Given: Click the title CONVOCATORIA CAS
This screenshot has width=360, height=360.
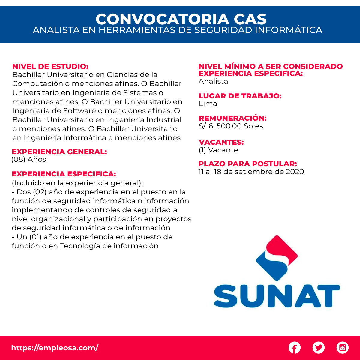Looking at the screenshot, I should tap(181, 19).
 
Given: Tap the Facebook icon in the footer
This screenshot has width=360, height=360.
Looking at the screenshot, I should tap(295, 348).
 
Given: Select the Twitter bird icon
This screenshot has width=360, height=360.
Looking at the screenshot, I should tap(318, 348).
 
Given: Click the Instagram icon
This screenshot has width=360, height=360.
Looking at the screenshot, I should tap(342, 348).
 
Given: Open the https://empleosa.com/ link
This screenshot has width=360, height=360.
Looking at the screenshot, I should tap(55, 348).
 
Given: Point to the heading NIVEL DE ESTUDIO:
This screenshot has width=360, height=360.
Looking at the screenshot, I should tap(50, 67).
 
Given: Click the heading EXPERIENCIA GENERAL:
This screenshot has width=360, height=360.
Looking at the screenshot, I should tap(59, 152).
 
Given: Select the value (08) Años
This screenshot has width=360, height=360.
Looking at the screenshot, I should tap(29, 159).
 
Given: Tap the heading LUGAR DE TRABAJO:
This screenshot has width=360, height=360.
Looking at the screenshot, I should tap(240, 96).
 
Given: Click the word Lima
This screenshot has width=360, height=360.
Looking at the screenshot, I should tap(208, 104).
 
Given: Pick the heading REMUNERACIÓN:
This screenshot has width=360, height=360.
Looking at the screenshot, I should tap(232, 118).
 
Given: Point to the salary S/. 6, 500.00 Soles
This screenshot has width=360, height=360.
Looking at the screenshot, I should tap(231, 126).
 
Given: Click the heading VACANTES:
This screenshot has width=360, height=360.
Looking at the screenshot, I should tap(221, 142).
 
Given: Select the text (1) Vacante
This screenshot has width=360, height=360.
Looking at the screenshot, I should tap(218, 150).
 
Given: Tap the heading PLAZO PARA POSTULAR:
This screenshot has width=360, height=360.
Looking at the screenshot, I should tap(247, 164).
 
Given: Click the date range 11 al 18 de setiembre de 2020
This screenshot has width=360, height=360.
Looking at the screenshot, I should tap(251, 172).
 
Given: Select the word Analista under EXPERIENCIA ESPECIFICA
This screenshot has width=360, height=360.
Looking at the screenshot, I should tap(213, 82).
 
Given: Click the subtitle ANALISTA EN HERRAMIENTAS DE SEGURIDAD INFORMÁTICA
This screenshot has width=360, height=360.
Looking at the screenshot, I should tap(178, 30).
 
